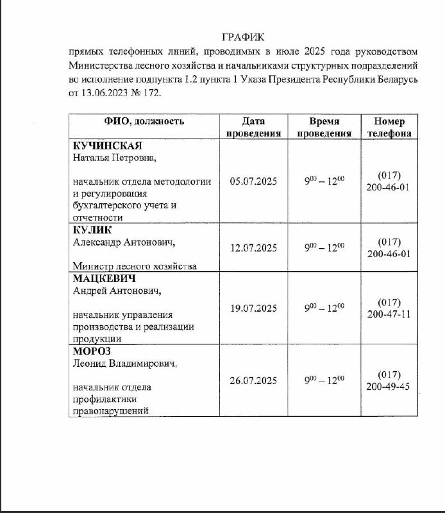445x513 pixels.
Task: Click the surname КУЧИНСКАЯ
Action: tap(106, 145)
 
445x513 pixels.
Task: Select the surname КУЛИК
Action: tap(93, 230)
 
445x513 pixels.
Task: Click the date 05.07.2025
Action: tap(253, 181)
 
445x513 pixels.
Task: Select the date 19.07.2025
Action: tap(253, 308)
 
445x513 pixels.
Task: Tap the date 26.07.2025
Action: tap(253, 381)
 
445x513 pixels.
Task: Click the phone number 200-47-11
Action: tap(389, 314)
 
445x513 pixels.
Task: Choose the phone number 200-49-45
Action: tap(389, 387)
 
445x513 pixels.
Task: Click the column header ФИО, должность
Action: tap(144, 121)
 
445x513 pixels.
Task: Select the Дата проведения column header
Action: tap(253, 127)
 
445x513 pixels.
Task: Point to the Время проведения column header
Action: tap(324, 127)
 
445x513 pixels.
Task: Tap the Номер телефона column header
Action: tap(389, 127)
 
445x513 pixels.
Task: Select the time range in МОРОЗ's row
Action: tap(324, 380)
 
